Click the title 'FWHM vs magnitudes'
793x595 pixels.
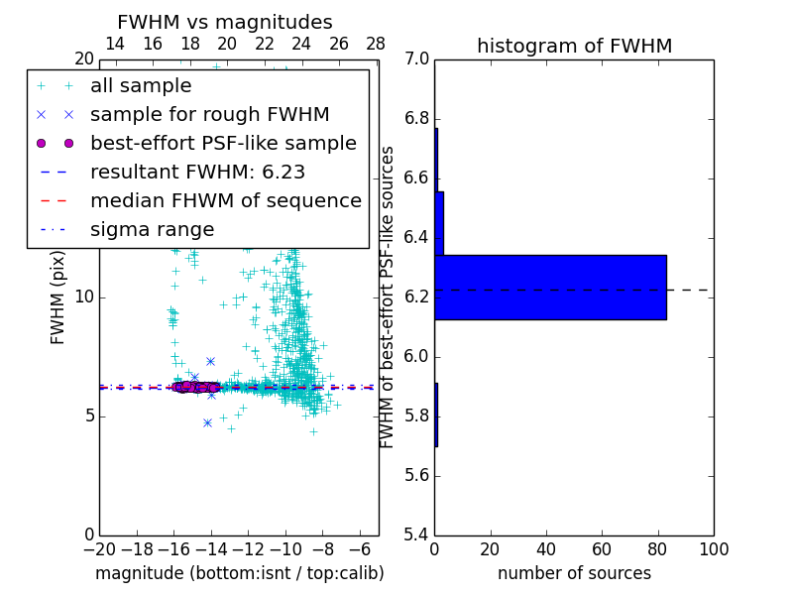click(x=225, y=22)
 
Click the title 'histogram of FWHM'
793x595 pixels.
click(x=574, y=46)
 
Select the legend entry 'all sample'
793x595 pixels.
click(x=141, y=86)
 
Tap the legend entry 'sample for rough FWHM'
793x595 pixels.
click(x=209, y=115)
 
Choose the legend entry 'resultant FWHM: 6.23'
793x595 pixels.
click(x=197, y=172)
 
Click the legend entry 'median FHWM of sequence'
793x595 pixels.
click(x=225, y=200)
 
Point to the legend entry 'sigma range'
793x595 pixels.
click(x=152, y=229)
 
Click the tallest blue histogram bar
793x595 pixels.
click(x=550, y=287)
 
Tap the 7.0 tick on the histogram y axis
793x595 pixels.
click(x=416, y=59)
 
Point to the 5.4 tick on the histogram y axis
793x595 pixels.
click(x=416, y=535)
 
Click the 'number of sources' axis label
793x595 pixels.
click(x=574, y=573)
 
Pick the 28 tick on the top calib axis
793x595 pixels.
click(x=376, y=45)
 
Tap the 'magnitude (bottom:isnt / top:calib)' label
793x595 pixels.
click(x=239, y=573)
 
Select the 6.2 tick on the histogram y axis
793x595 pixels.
click(x=416, y=297)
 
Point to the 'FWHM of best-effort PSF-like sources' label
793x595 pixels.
click(x=388, y=297)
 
